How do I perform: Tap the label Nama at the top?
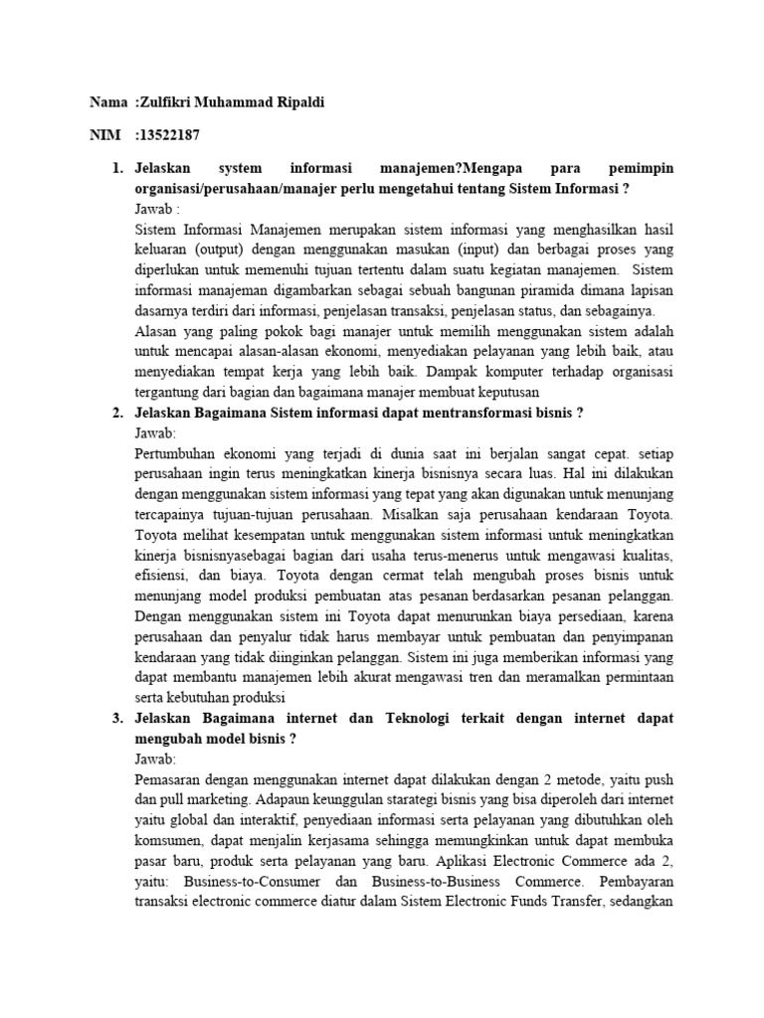[108, 103]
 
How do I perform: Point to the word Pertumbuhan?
[177, 455]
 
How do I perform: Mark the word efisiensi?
[161, 575]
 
